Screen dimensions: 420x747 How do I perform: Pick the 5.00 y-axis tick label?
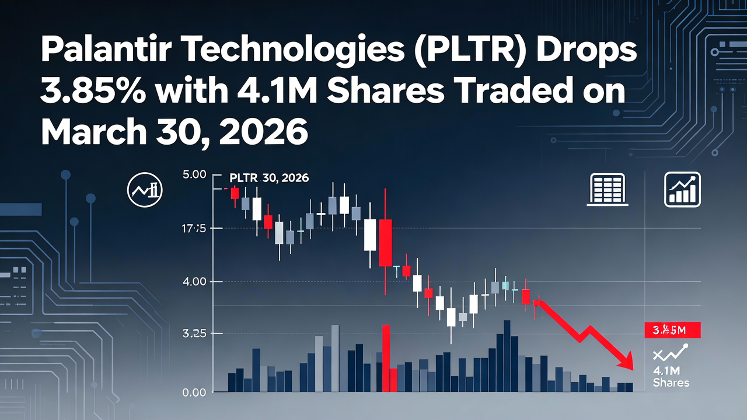click(195, 174)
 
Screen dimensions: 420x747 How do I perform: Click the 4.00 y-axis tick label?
click(195, 282)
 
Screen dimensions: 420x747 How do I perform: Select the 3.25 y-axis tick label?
click(195, 334)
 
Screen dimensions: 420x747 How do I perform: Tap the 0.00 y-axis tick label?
click(195, 393)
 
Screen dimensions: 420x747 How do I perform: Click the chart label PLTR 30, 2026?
click(269, 178)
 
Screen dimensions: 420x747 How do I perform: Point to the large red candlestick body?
click(385, 243)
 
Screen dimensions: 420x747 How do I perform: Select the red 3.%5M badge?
click(672, 330)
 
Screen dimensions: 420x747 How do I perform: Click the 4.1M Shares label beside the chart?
click(671, 377)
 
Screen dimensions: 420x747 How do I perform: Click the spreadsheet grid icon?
click(608, 189)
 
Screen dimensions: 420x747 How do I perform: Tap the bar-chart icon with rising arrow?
click(682, 190)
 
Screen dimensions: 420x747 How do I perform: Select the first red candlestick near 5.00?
click(235, 194)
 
